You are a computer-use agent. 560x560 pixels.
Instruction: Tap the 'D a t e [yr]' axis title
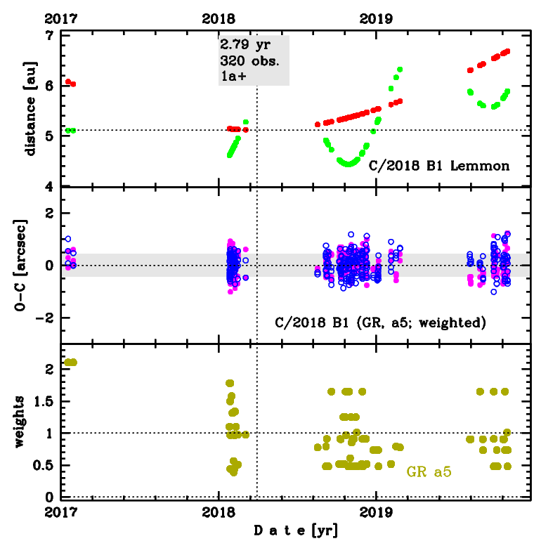pyautogui.click(x=296, y=531)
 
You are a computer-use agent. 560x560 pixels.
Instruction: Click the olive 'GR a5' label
pyautogui.click(x=429, y=472)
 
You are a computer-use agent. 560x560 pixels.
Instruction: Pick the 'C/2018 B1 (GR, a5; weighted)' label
pyautogui.click(x=379, y=324)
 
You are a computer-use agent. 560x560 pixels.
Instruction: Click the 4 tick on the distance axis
pyautogui.click(x=48, y=186)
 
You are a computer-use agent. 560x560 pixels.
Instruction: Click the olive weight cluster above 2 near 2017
pyautogui.click(x=70, y=363)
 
